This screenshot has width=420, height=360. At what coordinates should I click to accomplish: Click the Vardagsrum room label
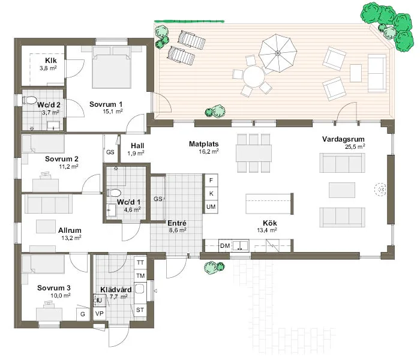(x=339, y=139)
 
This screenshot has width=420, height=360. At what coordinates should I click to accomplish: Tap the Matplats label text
(x=203, y=144)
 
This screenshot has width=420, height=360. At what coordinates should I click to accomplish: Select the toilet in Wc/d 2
(x=31, y=101)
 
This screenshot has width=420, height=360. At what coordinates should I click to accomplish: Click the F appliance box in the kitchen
(x=211, y=180)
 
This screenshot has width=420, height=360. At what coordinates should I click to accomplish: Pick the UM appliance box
(x=211, y=206)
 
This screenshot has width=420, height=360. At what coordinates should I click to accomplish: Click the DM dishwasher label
(x=225, y=246)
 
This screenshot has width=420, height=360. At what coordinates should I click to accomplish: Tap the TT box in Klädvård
(x=140, y=263)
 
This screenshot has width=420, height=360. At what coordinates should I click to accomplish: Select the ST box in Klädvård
(x=140, y=310)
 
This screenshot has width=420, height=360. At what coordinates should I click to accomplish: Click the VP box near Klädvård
(x=99, y=313)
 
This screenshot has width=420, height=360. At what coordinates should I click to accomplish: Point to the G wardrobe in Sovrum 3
(x=82, y=313)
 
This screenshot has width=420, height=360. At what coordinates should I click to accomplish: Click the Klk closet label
(x=51, y=61)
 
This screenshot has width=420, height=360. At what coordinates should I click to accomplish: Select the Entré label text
(x=176, y=222)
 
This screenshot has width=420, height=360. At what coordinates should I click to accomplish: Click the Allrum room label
(x=70, y=230)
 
